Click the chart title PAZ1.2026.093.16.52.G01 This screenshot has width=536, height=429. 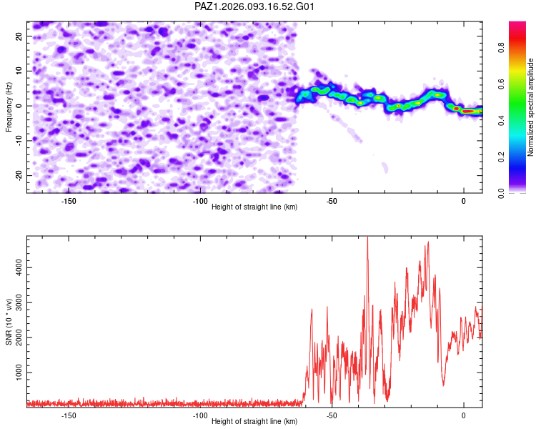[x=254, y=6]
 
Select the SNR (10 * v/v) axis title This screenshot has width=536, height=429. [x=9, y=321]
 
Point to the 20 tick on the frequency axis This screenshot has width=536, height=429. [x=19, y=35]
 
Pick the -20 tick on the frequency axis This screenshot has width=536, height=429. [x=17, y=175]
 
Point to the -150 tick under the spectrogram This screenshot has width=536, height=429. [x=69, y=200]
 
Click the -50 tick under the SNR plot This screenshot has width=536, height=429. [x=332, y=415]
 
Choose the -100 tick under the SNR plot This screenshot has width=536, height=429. [x=200, y=415]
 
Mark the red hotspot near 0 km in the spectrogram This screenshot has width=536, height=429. [x=468, y=111]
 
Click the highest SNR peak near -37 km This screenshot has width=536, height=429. [x=367, y=239]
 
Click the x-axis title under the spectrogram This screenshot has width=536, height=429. [x=254, y=207]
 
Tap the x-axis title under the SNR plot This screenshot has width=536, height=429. [x=254, y=422]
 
